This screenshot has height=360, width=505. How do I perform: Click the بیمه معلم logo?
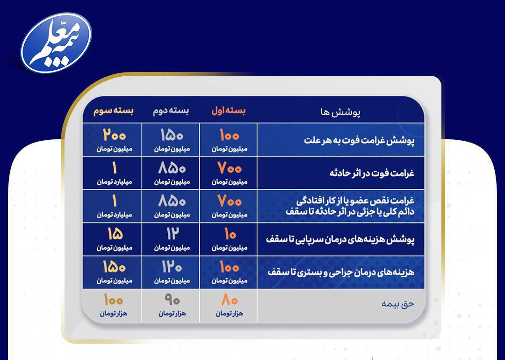click(57, 43)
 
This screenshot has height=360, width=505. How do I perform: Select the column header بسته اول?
click(228, 111)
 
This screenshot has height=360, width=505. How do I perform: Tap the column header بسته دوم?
click(171, 111)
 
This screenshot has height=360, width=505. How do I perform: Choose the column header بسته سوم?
click(113, 111)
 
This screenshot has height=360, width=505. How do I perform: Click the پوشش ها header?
click(340, 112)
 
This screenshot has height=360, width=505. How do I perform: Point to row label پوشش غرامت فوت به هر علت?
click(359, 141)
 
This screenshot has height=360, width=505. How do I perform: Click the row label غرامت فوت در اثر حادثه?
click(372, 173)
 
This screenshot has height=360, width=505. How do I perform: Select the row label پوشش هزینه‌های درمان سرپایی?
click(340, 239)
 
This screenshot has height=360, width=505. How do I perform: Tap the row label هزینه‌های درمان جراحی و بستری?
click(341, 273)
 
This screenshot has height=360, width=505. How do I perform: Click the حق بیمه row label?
click(398, 304)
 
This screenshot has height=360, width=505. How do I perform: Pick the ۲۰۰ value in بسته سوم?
click(115, 135)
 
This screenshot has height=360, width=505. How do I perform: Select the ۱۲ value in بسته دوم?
click(172, 234)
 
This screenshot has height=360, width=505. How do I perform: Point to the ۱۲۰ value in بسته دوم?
click(172, 267)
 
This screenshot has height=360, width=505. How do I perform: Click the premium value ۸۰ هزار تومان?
click(229, 305)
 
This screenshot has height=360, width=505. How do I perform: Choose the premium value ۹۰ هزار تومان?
click(172, 305)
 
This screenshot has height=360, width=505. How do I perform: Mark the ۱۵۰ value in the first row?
click(172, 135)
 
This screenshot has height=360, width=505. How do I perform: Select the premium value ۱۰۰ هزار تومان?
click(113, 305)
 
